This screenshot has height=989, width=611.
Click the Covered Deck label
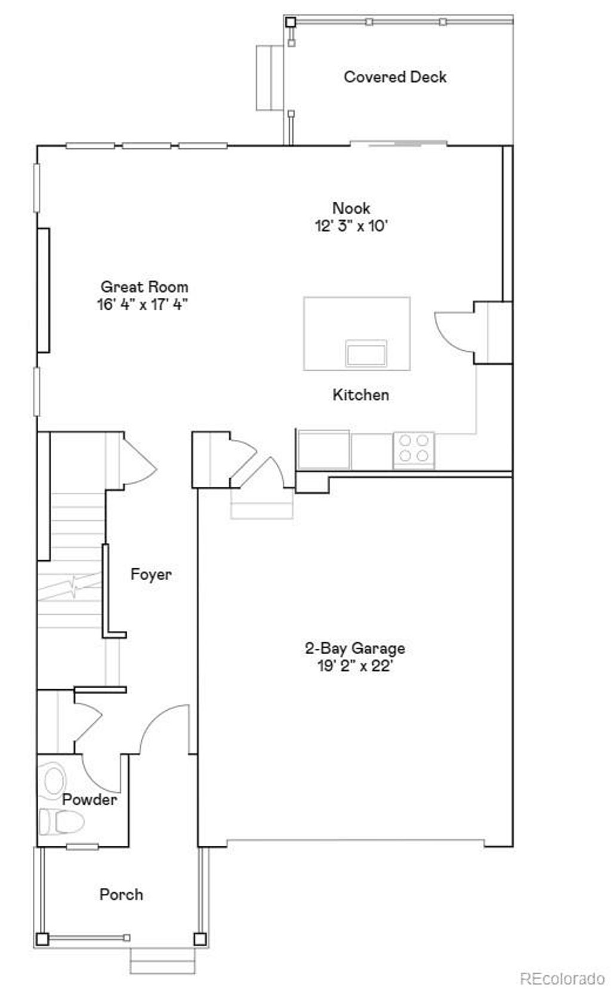[x=395, y=77]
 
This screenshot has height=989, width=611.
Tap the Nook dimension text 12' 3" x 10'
[x=351, y=226]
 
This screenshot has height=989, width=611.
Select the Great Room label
[x=144, y=286]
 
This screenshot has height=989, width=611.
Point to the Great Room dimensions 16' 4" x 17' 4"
[x=143, y=304]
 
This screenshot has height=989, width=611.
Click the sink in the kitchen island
[x=366, y=353]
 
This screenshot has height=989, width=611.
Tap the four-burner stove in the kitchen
[x=413, y=448]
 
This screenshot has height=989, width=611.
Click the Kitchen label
[x=360, y=395]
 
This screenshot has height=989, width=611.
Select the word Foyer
[x=151, y=574]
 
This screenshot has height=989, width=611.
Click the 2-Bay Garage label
[x=354, y=648]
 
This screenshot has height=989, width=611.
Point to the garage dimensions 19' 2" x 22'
[x=354, y=666]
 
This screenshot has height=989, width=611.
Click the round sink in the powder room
[x=54, y=781]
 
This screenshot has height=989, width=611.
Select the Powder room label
[x=90, y=800]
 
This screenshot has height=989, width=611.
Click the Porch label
[x=121, y=895]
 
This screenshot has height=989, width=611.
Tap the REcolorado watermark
[x=562, y=979]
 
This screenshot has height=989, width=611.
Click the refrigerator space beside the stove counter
[x=323, y=449]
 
